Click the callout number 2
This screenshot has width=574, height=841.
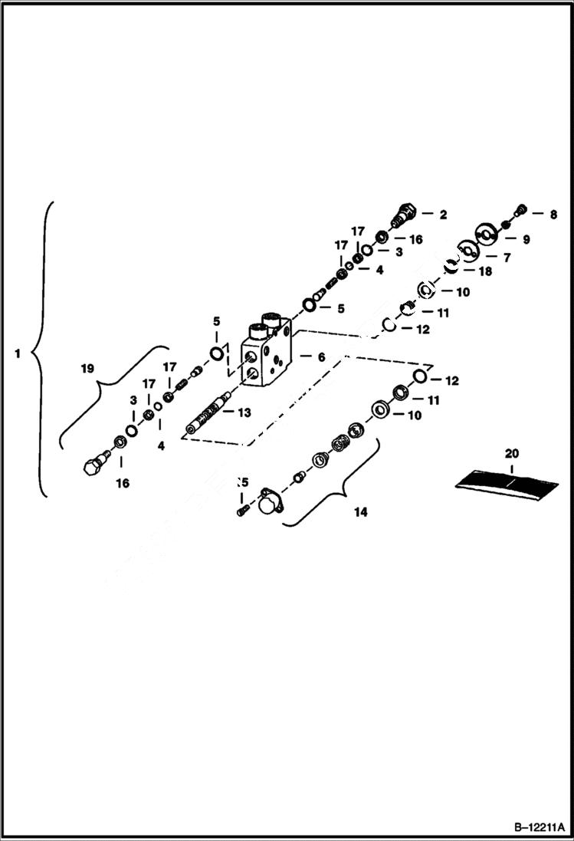[x=442, y=215]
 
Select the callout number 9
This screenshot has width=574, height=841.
[x=526, y=239]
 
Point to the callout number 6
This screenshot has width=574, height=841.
[x=321, y=357]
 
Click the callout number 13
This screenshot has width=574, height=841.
[x=244, y=412]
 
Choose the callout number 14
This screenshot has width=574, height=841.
[x=360, y=512]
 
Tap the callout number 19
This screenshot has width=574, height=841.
[x=87, y=369]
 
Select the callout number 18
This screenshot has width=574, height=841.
[x=485, y=271]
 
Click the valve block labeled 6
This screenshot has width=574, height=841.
[x=267, y=353]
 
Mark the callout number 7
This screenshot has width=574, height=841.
[x=505, y=258]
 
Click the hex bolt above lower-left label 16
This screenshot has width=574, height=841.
[x=93, y=464]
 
